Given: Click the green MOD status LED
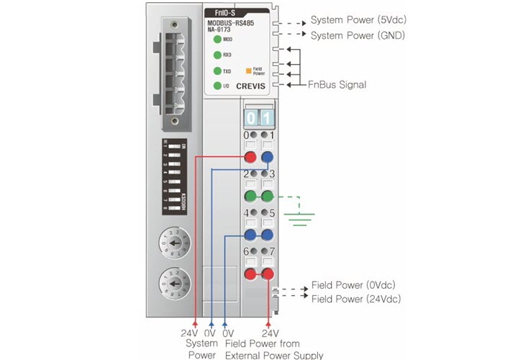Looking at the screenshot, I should point(217,40).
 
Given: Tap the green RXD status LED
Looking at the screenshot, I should point(217,55).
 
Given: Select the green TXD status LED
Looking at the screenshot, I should point(217,71).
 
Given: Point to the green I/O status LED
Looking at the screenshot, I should point(217,86).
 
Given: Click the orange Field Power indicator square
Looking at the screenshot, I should point(248,71).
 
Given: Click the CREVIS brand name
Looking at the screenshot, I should point(250,86).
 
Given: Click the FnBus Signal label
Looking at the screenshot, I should point(338,84).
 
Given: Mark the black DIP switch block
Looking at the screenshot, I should point(175,175).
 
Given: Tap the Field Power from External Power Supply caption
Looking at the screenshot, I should point(274,349).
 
